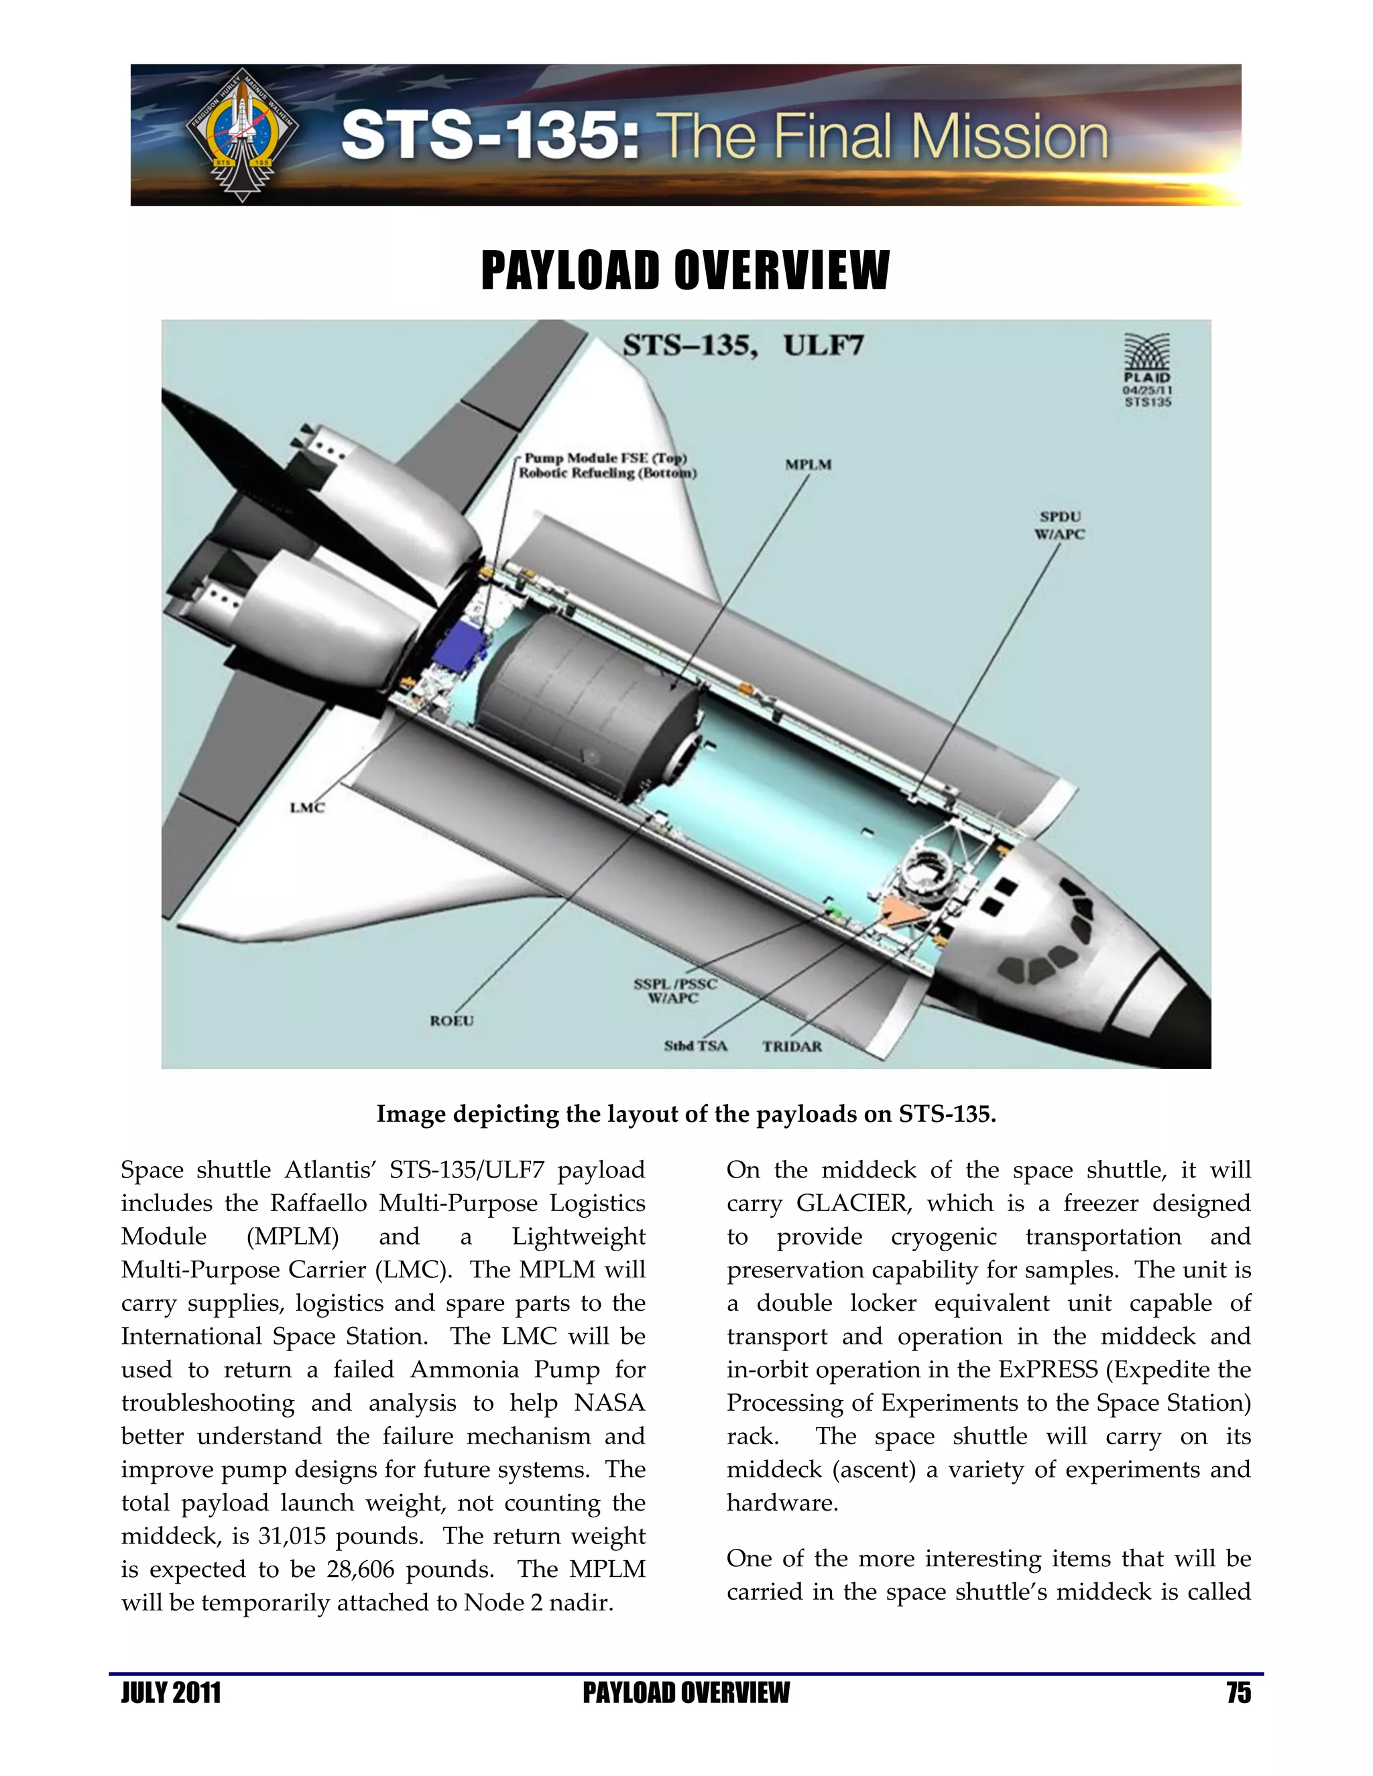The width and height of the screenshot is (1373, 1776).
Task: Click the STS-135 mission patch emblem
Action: pyautogui.click(x=241, y=135)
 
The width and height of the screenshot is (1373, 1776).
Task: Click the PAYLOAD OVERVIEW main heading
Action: pyautogui.click(x=686, y=271)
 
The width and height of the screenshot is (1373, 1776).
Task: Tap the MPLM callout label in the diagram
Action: pyautogui.click(x=808, y=464)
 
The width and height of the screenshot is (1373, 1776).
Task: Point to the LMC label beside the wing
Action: pyautogui.click(x=308, y=808)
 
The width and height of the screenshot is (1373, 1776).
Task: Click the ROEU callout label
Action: pyautogui.click(x=451, y=1021)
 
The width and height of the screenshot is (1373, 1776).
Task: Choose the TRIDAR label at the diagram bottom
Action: pyautogui.click(x=792, y=1047)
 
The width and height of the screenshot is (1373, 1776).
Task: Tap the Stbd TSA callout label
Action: pyautogui.click(x=695, y=1045)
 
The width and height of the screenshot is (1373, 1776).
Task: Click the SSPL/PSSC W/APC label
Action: pyautogui.click(x=675, y=991)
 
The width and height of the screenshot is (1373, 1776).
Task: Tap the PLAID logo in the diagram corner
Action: pyautogui.click(x=1147, y=370)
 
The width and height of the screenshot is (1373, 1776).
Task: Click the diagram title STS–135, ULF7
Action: pyautogui.click(x=743, y=346)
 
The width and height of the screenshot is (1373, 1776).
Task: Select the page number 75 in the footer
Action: pyautogui.click(x=1238, y=1693)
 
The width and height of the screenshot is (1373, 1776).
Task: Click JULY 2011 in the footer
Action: pyautogui.click(x=171, y=1693)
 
